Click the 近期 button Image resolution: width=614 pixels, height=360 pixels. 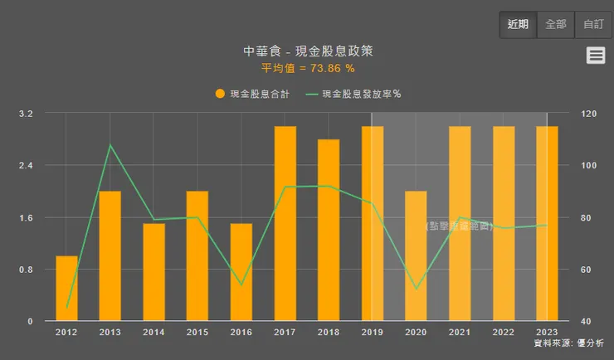[x=518, y=24]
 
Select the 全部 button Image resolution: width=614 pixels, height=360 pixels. [x=556, y=24]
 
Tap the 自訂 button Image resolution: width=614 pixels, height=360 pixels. [x=594, y=24]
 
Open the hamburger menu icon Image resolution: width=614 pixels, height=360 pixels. [x=595, y=55]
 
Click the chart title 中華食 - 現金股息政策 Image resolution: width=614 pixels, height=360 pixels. [x=308, y=51]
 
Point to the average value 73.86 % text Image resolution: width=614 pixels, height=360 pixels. [x=308, y=68]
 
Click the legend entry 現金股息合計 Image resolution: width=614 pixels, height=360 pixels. [x=252, y=94]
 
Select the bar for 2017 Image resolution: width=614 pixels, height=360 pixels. [x=285, y=224]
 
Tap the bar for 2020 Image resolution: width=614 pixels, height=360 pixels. [x=416, y=256]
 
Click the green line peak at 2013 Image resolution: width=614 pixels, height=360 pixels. [x=110, y=145]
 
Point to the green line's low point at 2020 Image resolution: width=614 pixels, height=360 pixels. [x=416, y=289]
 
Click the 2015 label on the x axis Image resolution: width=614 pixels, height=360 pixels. [x=197, y=332]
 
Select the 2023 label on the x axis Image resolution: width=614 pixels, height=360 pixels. [x=547, y=332]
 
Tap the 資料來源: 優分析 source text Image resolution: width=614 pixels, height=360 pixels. [x=568, y=343]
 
